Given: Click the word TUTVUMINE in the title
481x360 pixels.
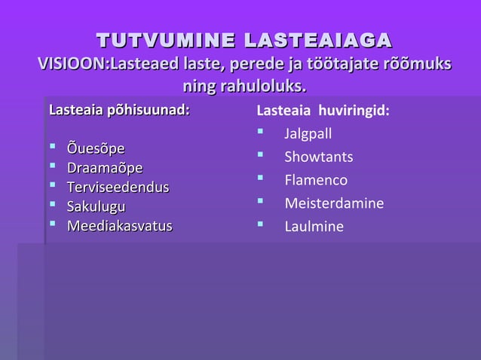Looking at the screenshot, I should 156,39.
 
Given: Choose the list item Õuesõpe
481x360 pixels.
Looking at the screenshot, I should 96,147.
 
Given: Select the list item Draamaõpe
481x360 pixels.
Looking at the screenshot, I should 105,167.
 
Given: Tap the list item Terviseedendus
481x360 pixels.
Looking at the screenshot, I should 118,187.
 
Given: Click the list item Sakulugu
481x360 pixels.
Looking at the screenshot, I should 97,206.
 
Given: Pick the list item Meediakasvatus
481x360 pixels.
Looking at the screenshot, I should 120,226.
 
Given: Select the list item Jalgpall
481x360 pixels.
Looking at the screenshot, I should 308,134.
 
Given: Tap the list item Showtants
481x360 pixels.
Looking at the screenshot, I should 318,157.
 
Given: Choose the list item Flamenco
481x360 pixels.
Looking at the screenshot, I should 315,180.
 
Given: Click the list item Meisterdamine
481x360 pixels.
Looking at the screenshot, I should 333,203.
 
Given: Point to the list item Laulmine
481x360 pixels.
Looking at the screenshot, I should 313,227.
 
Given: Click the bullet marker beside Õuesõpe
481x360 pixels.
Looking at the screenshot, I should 53,146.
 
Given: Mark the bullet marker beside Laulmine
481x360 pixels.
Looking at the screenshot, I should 260,224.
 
